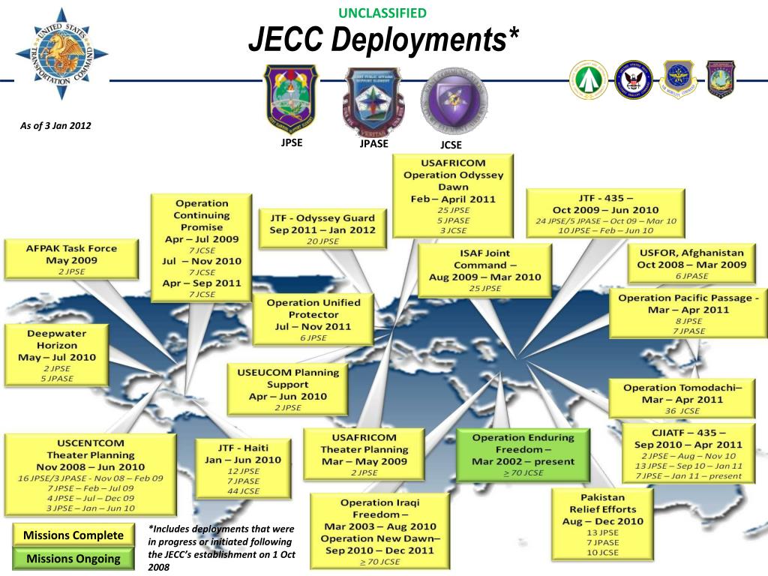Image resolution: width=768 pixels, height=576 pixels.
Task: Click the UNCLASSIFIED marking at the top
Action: click(x=382, y=13)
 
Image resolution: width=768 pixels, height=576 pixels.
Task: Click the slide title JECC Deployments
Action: click(x=383, y=40)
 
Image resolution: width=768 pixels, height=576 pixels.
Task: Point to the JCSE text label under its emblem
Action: click(x=451, y=145)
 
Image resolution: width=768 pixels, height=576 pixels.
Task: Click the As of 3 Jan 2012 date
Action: click(x=55, y=125)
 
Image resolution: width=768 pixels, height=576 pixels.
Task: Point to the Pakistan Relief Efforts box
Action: click(x=602, y=524)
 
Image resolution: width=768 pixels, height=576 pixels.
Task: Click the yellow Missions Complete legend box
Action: click(x=73, y=535)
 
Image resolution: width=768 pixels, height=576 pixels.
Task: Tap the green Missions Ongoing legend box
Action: click(x=73, y=559)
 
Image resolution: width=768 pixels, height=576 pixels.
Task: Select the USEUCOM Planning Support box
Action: click(x=287, y=388)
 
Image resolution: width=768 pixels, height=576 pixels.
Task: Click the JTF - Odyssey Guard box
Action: click(x=322, y=228)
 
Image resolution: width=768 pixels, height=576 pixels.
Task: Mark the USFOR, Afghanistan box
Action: click(x=691, y=264)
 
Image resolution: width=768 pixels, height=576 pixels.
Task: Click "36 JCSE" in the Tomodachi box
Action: click(x=682, y=411)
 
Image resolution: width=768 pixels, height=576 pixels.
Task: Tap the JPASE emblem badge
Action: click(x=373, y=101)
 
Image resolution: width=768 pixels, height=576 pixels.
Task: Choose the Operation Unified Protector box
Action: click(x=313, y=319)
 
